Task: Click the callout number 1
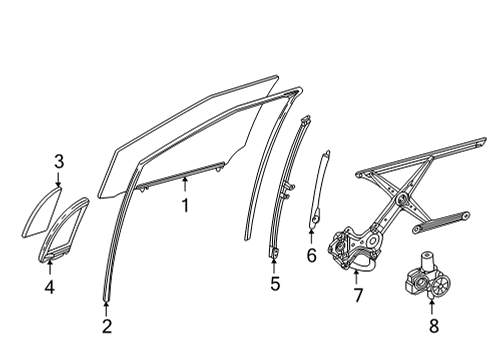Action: coord(185,206)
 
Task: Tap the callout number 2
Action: coord(107,326)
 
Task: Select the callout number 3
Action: coord(59,161)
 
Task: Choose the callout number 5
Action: coord(274,283)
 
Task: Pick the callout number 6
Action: coord(311,256)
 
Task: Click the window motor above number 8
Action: coord(427,279)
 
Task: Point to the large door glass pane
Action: coord(190,135)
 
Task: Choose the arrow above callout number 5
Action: coord(274,266)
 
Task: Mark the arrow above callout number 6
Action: coord(311,238)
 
